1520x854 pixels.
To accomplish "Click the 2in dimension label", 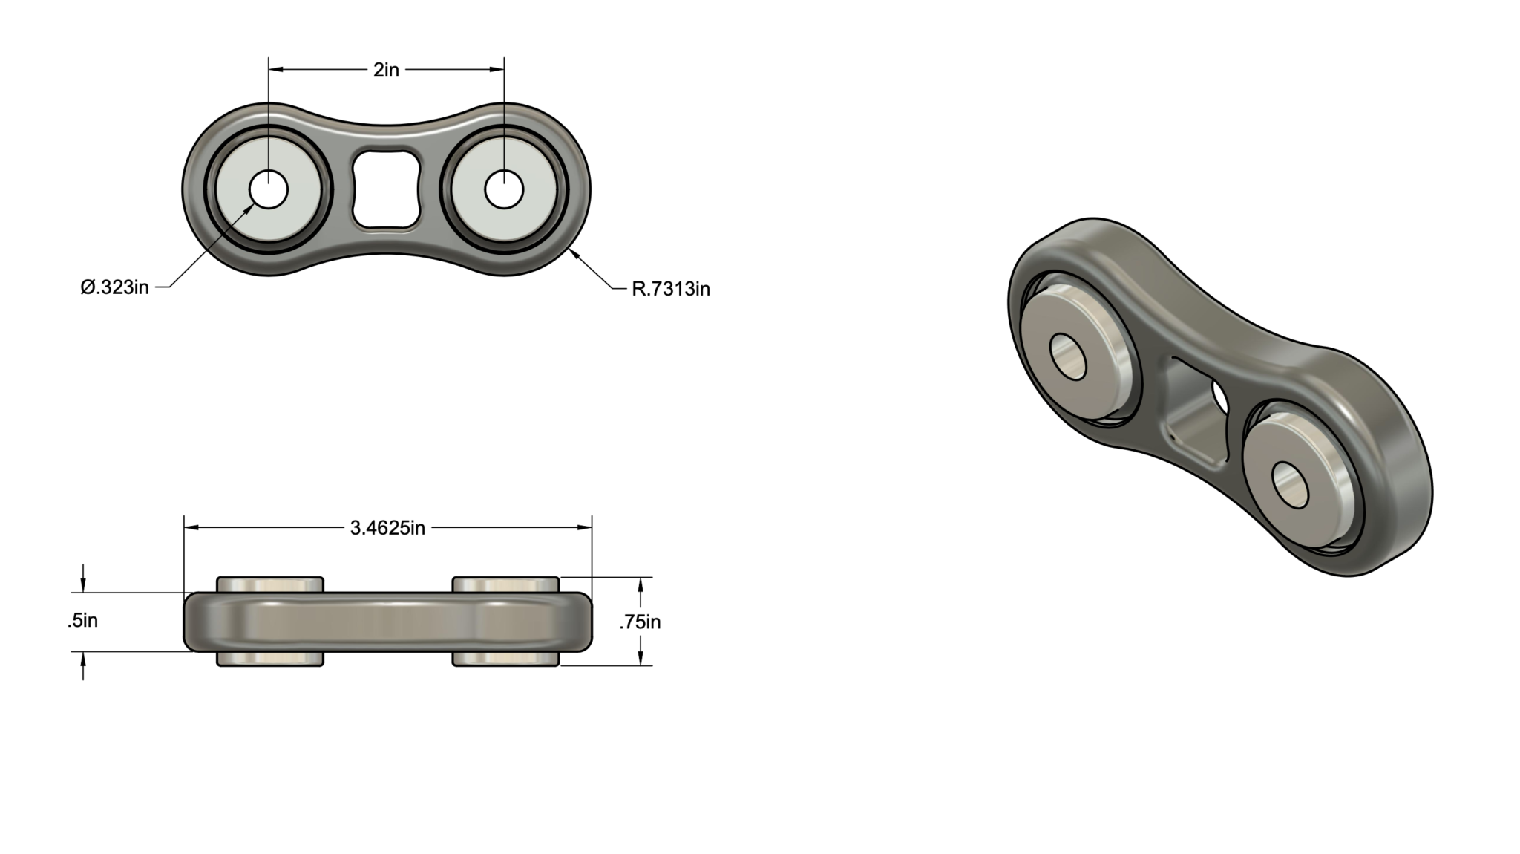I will coord(386,70).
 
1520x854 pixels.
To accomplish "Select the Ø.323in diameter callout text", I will coord(115,287).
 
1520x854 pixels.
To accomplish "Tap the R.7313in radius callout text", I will coord(671,289).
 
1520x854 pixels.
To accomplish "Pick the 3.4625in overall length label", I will coord(387,528).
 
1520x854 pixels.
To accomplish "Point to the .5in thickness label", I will coord(83,621).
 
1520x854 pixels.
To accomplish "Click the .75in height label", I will coord(640,622).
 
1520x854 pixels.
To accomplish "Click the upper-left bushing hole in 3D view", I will coord(1068,358).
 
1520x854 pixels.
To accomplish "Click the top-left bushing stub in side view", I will coord(270,584).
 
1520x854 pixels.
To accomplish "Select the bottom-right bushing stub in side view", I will coord(505,659).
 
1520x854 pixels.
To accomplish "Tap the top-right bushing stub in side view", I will coord(505,584).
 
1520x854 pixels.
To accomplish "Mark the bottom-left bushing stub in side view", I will coord(270,659).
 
